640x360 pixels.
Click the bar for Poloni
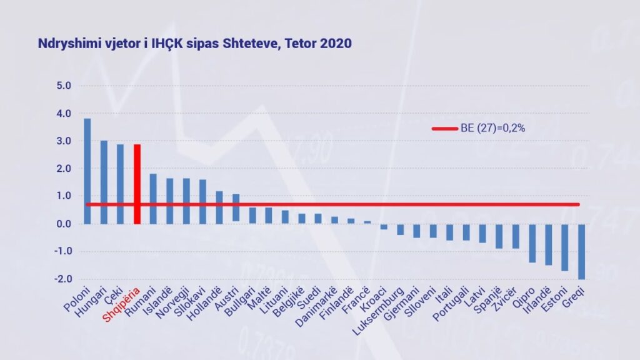pos(87,171)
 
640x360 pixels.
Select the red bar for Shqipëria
pos(137,184)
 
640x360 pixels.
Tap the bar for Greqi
pos(582,252)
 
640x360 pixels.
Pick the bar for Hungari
pos(104,182)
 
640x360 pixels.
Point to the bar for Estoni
pos(565,247)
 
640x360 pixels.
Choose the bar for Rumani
pos(153,199)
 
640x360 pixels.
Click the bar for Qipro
pos(532,243)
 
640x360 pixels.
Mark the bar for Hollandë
pos(219,207)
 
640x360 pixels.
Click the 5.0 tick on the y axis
pos(64,86)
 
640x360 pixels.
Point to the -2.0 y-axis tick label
pos(63,279)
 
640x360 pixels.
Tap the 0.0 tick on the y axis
pos(64,224)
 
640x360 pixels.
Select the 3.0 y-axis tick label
pos(64,141)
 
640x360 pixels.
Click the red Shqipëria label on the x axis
pos(121,304)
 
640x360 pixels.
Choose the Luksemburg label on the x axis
pos(378,311)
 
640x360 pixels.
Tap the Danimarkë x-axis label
pos(316,307)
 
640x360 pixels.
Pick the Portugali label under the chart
pos(451,304)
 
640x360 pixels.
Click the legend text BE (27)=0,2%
pos(492,128)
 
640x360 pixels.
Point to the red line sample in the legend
pos(445,129)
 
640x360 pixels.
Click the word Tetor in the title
pos(301,43)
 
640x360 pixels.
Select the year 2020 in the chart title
pos(336,43)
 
